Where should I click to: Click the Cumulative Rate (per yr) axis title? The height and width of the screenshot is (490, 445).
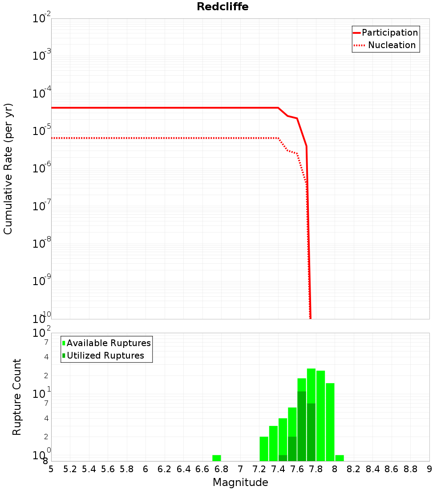point(8,168)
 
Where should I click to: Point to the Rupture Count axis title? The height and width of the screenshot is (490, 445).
point(17,396)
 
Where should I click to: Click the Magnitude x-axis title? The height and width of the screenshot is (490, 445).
point(240,482)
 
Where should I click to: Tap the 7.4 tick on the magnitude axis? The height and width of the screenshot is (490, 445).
point(278,469)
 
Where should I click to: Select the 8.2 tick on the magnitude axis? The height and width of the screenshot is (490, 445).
point(354,469)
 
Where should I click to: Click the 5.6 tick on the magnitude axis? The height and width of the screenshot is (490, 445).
point(108,469)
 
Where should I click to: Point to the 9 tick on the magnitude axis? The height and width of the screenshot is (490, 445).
point(429,469)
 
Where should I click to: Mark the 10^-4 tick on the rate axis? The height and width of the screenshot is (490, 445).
point(42,94)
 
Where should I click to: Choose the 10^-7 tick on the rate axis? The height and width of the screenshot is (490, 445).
point(42,206)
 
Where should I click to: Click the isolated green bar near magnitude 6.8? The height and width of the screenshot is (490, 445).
point(217,458)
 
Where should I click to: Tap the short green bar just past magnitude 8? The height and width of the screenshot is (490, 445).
point(340,458)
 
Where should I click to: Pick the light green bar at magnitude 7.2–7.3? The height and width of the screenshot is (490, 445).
point(264,449)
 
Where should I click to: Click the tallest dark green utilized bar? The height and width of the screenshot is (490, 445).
point(302,426)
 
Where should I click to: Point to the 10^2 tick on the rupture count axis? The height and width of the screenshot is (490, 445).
point(42,333)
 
